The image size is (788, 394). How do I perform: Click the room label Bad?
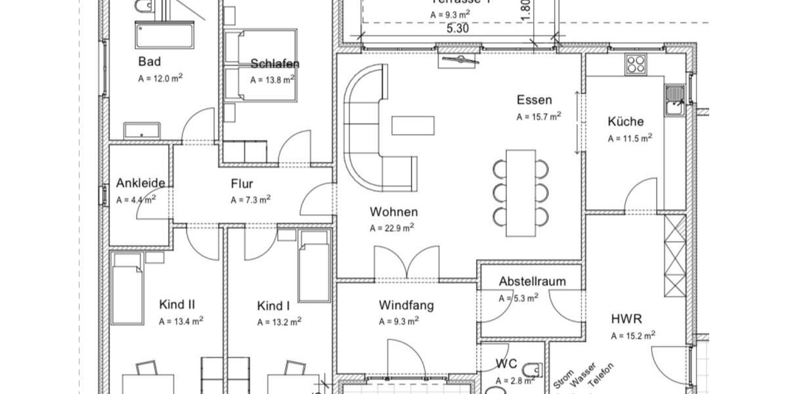150,62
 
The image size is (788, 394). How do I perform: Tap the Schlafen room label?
274,64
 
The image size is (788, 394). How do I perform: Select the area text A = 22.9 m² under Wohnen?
391,229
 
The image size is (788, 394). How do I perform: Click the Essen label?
534,100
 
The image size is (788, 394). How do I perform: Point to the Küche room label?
625,121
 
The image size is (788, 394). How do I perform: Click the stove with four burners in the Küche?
635,64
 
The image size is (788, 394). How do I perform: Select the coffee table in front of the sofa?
413,125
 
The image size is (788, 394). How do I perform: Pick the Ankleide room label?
141,183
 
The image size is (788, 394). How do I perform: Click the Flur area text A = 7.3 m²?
251,200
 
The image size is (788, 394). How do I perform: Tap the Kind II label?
177,305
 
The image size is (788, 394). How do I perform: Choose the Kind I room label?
273,306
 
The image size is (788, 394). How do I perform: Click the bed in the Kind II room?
127,289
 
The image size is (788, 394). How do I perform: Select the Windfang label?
406,305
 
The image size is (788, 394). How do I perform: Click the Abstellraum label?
532,282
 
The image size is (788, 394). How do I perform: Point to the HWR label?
626,320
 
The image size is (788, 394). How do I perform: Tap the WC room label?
506,364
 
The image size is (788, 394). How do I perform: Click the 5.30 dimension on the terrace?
457,28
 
